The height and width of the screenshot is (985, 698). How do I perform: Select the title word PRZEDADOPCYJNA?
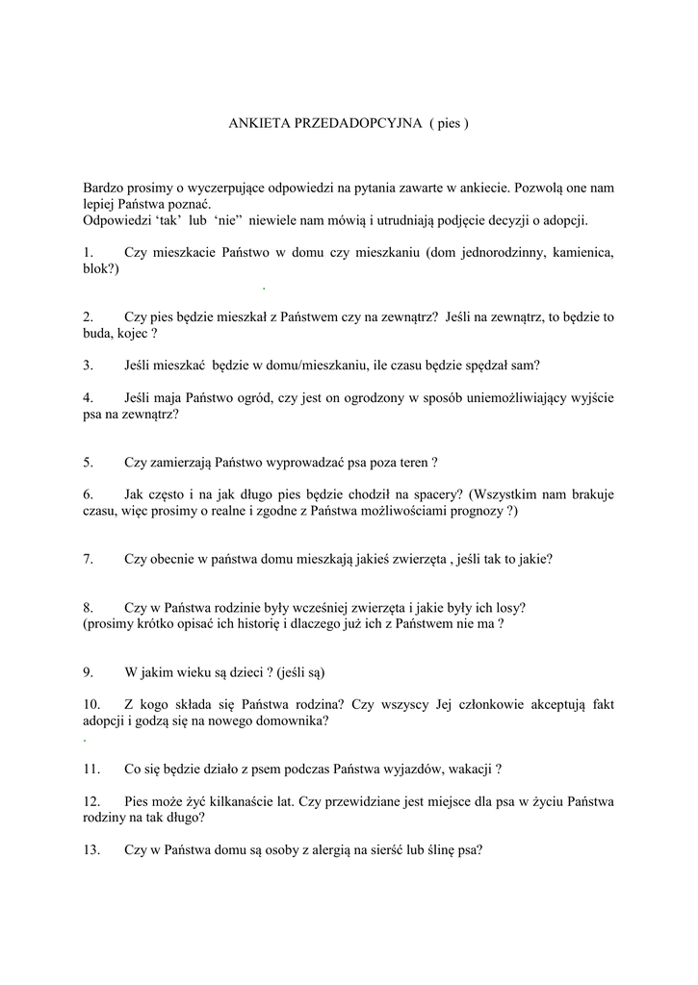353,124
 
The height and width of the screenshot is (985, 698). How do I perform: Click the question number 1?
87,253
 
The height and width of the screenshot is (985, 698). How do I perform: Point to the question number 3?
87,366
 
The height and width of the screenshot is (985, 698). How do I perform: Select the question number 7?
87,559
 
